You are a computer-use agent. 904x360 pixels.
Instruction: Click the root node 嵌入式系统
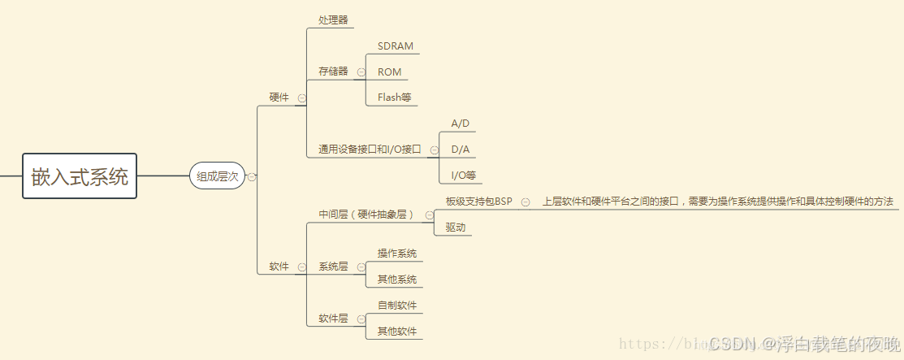click(80, 176)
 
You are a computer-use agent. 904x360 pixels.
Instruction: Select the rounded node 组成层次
click(218, 176)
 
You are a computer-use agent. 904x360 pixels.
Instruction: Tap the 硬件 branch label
click(279, 98)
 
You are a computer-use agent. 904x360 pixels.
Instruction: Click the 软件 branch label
click(279, 267)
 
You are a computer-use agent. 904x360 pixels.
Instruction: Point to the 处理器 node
click(333, 20)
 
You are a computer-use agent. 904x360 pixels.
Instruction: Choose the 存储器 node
click(333, 72)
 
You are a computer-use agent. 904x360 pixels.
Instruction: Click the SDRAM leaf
click(396, 46)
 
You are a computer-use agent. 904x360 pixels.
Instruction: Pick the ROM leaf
click(390, 72)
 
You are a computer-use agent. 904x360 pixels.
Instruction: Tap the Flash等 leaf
click(395, 98)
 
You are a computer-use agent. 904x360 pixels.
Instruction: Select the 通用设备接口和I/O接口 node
click(370, 150)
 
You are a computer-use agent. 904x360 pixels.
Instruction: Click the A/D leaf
click(461, 124)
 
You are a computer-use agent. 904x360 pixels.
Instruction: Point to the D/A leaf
click(461, 150)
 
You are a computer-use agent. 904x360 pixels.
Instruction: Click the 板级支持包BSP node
click(479, 202)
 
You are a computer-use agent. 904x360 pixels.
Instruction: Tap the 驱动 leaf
click(456, 228)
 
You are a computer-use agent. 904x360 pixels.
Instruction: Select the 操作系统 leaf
click(397, 254)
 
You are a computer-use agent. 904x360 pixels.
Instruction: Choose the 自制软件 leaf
click(397, 306)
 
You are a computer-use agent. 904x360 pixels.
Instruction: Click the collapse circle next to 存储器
click(361, 72)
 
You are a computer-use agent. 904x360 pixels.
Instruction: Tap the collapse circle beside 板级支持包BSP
click(526, 202)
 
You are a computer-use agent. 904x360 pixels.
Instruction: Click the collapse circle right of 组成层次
click(252, 176)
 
